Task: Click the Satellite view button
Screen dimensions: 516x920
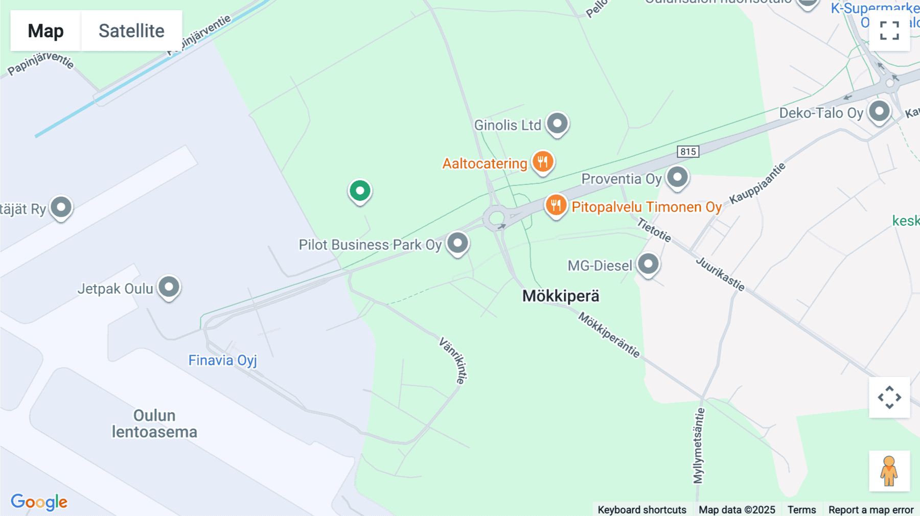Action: click(x=131, y=31)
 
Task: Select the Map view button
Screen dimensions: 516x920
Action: click(x=45, y=31)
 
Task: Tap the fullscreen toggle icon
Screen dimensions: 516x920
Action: click(x=889, y=31)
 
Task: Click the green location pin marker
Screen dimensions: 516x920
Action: click(x=360, y=191)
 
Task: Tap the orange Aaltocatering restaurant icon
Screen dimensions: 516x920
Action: click(x=543, y=162)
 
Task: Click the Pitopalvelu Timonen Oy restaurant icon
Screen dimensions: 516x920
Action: click(x=556, y=205)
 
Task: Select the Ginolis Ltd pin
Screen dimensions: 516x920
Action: click(x=557, y=124)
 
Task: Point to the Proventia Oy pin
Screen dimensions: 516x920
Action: click(x=678, y=177)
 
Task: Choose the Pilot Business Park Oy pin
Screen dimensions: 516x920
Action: click(x=457, y=243)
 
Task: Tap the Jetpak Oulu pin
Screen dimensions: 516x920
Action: click(x=169, y=287)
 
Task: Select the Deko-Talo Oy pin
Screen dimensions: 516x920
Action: click(x=879, y=111)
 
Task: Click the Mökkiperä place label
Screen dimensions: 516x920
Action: click(x=561, y=296)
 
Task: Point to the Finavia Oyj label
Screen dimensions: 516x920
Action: click(x=222, y=360)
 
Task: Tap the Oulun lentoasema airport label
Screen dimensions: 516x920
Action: click(x=154, y=424)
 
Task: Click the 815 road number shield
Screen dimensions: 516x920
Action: click(x=688, y=152)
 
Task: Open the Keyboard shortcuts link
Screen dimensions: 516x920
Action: click(x=642, y=509)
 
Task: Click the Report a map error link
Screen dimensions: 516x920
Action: click(x=871, y=509)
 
